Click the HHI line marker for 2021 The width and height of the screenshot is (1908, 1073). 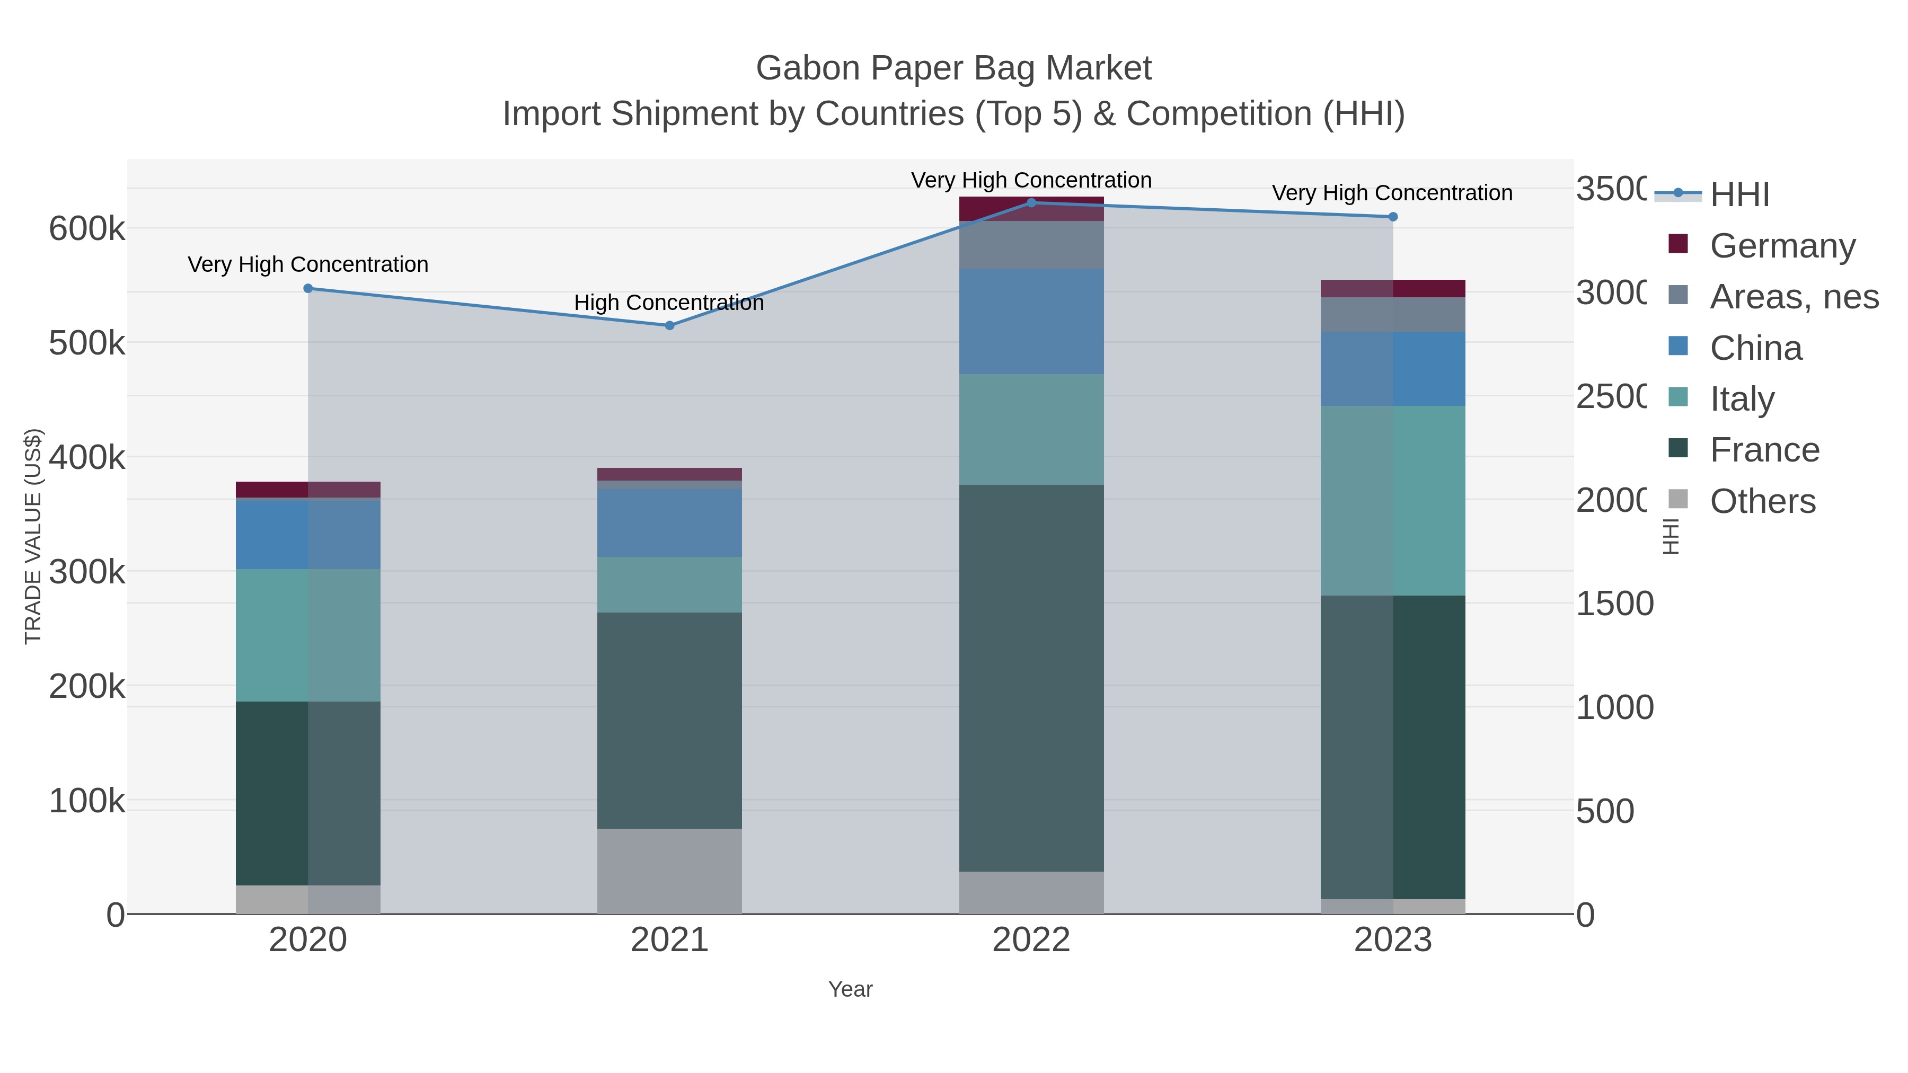pyautogui.click(x=669, y=326)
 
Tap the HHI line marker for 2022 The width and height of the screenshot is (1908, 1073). pyautogui.click(x=1031, y=203)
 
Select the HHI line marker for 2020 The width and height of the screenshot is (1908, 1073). pyautogui.click(x=308, y=289)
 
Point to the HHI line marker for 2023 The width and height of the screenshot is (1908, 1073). pyautogui.click(x=1392, y=217)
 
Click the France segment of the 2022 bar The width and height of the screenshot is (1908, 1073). pyautogui.click(x=1031, y=678)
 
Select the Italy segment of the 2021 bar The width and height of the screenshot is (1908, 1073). pyautogui.click(x=669, y=584)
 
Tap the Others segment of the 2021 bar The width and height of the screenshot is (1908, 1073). pyautogui.click(x=669, y=871)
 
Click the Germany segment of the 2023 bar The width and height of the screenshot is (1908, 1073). pyautogui.click(x=1392, y=289)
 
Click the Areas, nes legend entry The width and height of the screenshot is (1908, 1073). pyautogui.click(x=1794, y=296)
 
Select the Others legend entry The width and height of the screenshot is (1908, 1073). pyautogui.click(x=1762, y=501)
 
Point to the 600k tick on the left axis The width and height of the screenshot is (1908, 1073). pyautogui.click(x=87, y=229)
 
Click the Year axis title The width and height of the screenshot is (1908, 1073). pyautogui.click(x=850, y=989)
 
